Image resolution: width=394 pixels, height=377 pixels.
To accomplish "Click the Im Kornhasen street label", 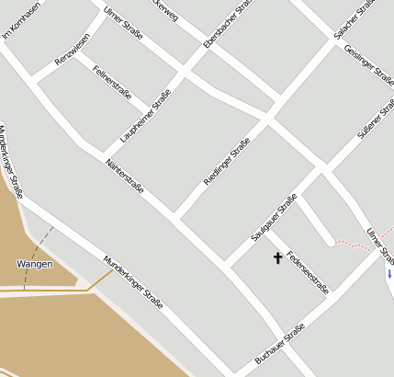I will point(21,21).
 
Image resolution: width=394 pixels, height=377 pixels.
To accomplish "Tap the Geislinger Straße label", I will point(368,63).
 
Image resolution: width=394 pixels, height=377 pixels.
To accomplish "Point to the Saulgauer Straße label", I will point(274,218).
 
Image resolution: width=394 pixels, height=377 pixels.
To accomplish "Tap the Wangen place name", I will point(35,264).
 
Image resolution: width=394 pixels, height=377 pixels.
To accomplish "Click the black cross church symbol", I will point(278,258).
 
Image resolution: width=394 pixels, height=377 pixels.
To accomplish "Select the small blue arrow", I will point(389,274).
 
